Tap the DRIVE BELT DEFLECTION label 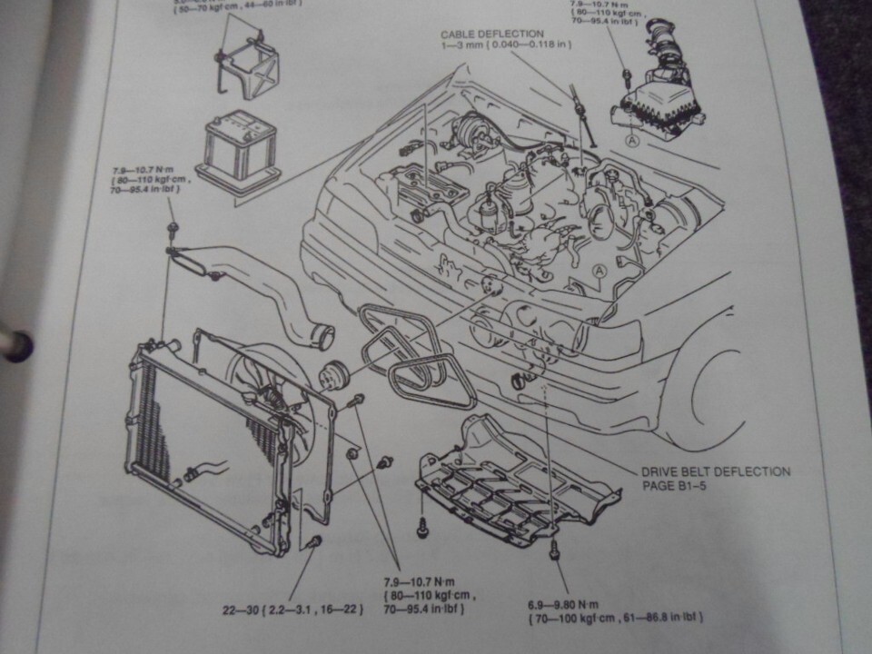(716, 471)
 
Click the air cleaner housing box (659, 109)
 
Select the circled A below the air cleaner (630, 141)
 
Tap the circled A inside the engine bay (599, 271)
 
